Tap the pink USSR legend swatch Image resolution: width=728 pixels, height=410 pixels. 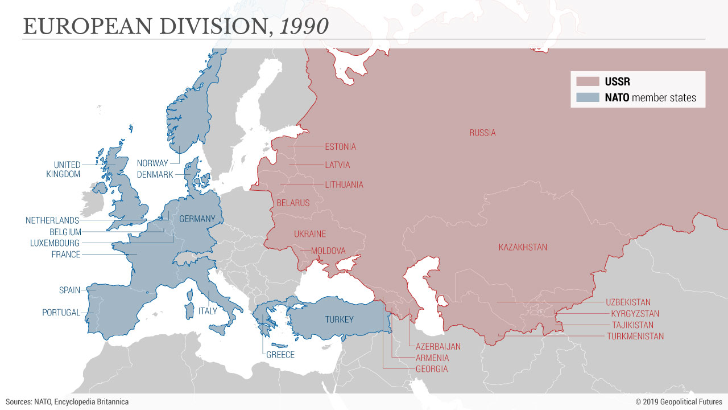[588, 81]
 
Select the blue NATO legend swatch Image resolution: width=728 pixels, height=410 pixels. [588, 97]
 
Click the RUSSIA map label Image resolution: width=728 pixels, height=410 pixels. [482, 133]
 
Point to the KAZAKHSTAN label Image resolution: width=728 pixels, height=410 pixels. [523, 247]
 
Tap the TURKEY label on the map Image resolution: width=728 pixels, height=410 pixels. [339, 319]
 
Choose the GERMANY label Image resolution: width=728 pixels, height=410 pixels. [197, 219]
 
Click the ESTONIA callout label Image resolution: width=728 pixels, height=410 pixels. [340, 147]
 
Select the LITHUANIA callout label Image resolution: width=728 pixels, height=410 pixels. [344, 185]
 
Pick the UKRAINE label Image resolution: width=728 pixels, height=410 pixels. [310, 234]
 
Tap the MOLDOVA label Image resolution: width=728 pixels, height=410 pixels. [328, 251]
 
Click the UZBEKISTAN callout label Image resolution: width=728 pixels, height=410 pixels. [628, 302]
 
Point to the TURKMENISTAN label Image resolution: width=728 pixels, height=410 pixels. [635, 337]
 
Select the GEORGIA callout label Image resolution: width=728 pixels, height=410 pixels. [431, 369]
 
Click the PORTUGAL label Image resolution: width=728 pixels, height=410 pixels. [61, 313]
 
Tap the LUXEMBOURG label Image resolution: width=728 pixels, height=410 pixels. [55, 243]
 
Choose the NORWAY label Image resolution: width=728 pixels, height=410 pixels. [152, 163]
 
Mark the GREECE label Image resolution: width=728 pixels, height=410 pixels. [280, 355]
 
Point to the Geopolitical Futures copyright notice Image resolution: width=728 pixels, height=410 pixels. [679, 402]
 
